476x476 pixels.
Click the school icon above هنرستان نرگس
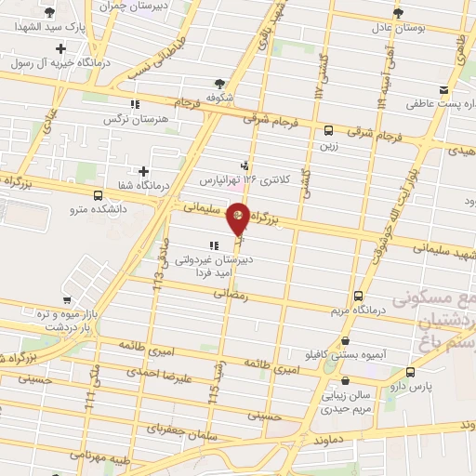134,105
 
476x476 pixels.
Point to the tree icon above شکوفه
219,82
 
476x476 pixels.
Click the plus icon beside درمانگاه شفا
143,171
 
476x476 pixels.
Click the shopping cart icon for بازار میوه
67,299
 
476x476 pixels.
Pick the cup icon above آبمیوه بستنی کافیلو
346,341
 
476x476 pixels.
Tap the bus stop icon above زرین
329,130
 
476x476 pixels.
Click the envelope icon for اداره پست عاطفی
443,90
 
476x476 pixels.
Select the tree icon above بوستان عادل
398,12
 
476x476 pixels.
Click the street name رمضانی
231,293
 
